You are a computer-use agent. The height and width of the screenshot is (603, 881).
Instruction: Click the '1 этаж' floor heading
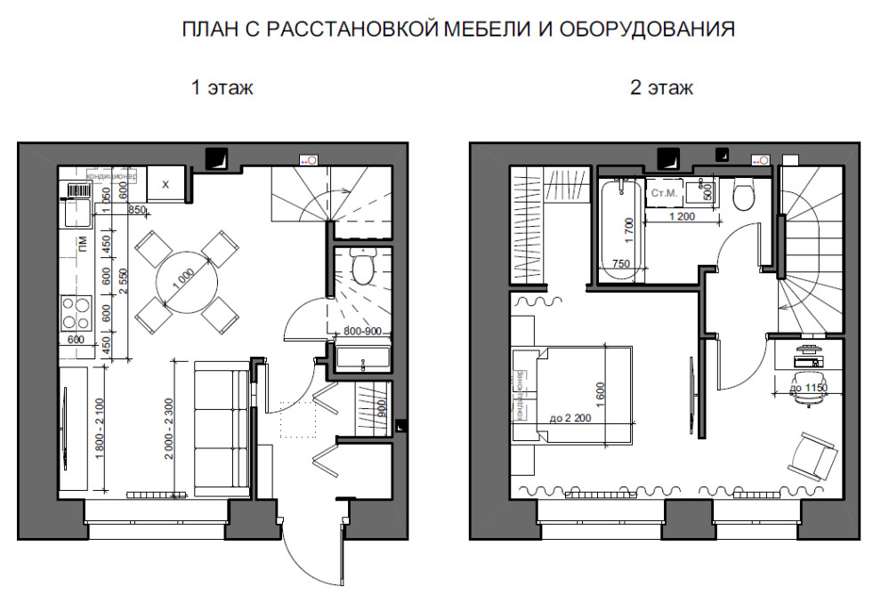[222, 88]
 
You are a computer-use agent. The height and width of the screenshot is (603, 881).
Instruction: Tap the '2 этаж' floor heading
[660, 88]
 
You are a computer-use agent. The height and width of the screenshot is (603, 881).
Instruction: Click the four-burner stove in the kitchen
[76, 313]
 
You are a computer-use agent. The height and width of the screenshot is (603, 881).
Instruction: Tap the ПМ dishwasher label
[82, 243]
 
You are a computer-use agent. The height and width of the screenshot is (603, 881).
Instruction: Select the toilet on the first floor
[363, 267]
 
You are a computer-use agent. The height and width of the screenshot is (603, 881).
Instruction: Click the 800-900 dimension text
[362, 332]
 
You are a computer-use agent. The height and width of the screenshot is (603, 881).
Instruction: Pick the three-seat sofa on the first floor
[221, 424]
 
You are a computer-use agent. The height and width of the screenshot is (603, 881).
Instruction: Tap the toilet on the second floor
[744, 193]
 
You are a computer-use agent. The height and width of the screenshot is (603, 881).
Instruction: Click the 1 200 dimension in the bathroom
[682, 215]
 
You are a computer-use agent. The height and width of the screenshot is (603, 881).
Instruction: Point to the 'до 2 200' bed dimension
[571, 417]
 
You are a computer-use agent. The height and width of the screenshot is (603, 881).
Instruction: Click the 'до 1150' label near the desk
[809, 388]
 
